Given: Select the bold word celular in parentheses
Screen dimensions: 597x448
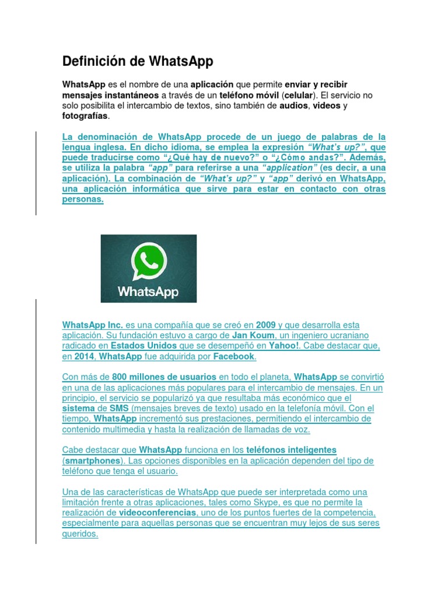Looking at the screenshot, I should pyautogui.click(x=299, y=95).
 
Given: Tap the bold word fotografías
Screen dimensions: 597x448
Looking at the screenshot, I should pyautogui.click(x=85, y=116).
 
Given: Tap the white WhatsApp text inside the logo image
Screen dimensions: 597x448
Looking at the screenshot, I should pyautogui.click(x=148, y=290).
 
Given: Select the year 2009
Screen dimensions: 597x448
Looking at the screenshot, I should pyautogui.click(x=265, y=325).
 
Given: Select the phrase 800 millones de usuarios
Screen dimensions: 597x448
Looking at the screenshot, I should pyautogui.click(x=164, y=377).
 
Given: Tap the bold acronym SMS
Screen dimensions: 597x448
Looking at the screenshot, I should pyautogui.click(x=119, y=409).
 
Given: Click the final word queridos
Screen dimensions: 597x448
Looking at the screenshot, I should pyautogui.click(x=79, y=533).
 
